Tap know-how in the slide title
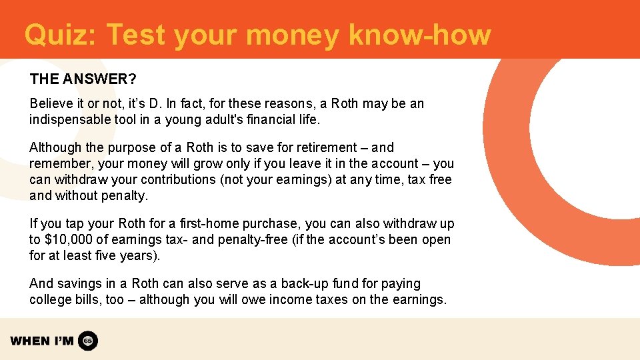click(x=419, y=35)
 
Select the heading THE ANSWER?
click(x=83, y=79)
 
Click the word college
click(x=50, y=300)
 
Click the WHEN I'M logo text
click(x=41, y=341)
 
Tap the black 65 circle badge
click(x=88, y=341)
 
